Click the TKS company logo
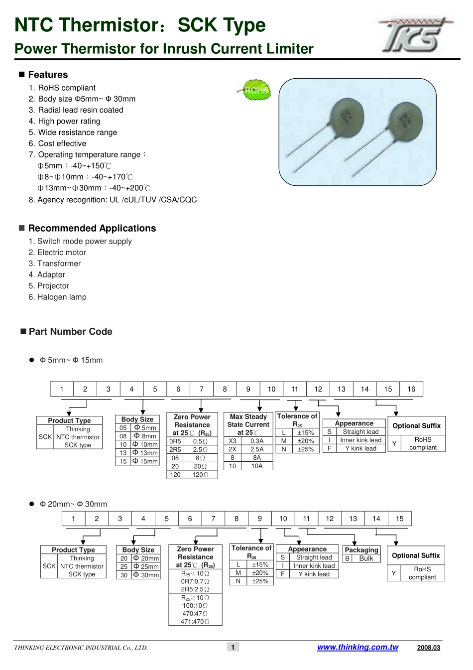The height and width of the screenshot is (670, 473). point(415,35)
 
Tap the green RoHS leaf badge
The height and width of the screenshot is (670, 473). point(255,90)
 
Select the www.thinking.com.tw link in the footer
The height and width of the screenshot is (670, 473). point(357,647)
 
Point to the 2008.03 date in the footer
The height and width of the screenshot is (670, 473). point(429,648)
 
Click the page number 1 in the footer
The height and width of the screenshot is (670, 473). point(233,647)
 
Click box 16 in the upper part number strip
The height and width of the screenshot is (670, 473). point(411,389)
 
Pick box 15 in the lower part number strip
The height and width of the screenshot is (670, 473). point(399,519)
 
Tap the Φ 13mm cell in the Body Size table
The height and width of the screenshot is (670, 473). point(145,452)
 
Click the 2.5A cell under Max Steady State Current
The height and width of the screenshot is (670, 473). point(257,449)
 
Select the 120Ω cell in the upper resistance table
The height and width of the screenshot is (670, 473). point(201,474)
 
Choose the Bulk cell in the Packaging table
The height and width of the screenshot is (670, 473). point(366,558)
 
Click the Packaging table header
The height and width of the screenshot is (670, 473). point(361,550)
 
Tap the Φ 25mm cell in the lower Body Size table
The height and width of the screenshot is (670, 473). point(146,566)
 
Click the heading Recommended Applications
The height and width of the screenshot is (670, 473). point(92,228)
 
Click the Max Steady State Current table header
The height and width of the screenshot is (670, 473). point(248,424)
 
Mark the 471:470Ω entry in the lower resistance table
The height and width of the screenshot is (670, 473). point(195,621)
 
